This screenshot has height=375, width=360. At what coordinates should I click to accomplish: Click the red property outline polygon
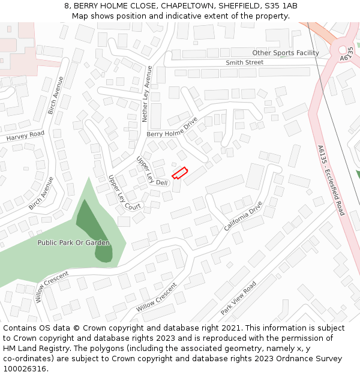coord(180,173)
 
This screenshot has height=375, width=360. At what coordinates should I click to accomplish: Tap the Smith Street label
coord(244,62)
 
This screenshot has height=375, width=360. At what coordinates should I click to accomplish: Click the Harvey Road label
coord(26,136)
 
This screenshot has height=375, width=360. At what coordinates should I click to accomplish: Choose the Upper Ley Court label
coord(124,193)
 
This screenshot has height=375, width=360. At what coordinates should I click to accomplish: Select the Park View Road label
coord(238,298)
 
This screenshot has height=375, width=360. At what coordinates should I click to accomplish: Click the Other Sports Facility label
coord(285,53)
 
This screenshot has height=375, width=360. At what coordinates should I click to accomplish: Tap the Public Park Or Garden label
coord(74,243)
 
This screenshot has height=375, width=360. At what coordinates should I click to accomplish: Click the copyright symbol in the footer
coord(73,328)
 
